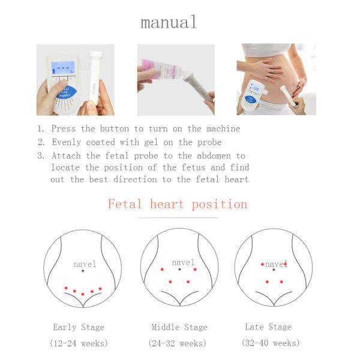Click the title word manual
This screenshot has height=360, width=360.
click(x=169, y=23)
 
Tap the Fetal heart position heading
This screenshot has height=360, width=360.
click(x=178, y=204)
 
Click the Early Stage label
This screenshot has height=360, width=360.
click(x=79, y=328)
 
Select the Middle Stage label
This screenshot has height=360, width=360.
click(x=179, y=328)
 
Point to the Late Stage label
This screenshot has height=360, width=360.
click(x=268, y=327)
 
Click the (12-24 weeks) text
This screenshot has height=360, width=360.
click(x=79, y=344)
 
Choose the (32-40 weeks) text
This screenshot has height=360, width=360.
click(x=270, y=343)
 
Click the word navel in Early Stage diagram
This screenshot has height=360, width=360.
click(x=85, y=264)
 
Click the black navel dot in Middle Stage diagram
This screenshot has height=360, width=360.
click(x=179, y=269)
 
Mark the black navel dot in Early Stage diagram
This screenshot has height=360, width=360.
click(x=83, y=271)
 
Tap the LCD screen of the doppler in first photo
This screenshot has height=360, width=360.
click(x=63, y=67)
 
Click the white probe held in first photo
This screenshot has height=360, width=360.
click(x=95, y=75)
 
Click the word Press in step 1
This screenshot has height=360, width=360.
click(x=64, y=128)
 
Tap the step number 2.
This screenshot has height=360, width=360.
click(x=41, y=142)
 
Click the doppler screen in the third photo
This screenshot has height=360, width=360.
click(x=255, y=89)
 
